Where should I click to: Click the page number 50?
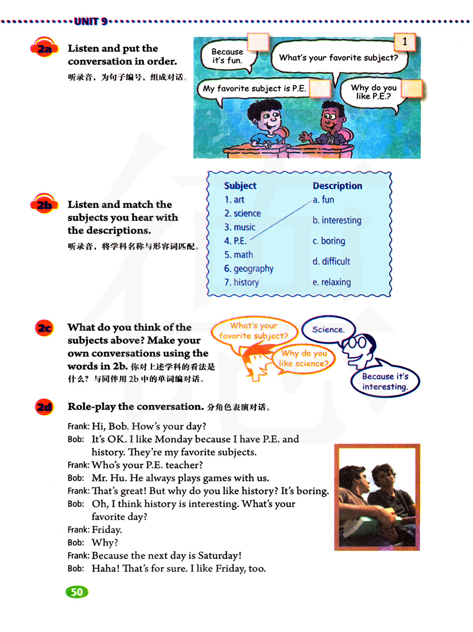pyautogui.click(x=77, y=592)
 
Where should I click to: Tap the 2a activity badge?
pyautogui.click(x=44, y=48)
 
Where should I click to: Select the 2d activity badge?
pyautogui.click(x=44, y=407)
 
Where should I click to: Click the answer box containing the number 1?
pyautogui.click(x=405, y=42)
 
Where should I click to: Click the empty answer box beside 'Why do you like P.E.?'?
pyautogui.click(x=412, y=88)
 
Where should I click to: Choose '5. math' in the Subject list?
pyautogui.click(x=239, y=255)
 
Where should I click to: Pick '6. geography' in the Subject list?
pyautogui.click(x=249, y=269)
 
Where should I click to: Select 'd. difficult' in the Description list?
pyautogui.click(x=331, y=261)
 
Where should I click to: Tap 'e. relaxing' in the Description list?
pyautogui.click(x=332, y=282)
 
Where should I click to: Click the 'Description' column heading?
pyautogui.click(x=337, y=186)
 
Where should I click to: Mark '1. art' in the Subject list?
pyautogui.click(x=235, y=200)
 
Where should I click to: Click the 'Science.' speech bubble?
pyautogui.click(x=328, y=329)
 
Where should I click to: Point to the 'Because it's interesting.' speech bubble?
pyautogui.click(x=385, y=382)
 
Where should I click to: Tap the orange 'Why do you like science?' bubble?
pyautogui.click(x=303, y=359)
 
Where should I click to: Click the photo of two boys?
pyautogui.click(x=377, y=497)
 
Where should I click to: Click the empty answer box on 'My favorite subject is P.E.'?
pyautogui.click(x=320, y=88)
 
